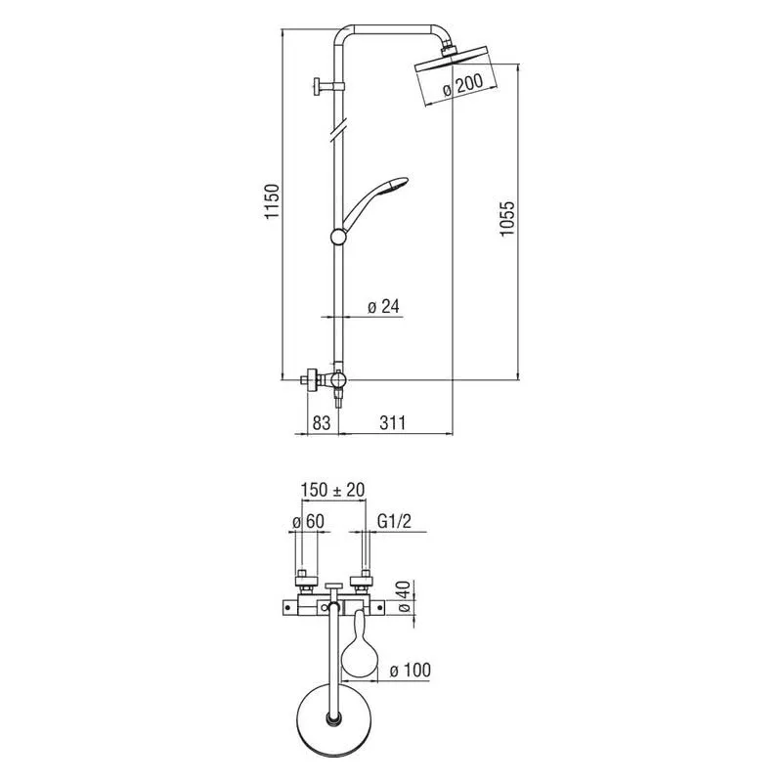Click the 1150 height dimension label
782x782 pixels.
click(x=273, y=201)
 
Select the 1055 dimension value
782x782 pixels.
click(x=506, y=218)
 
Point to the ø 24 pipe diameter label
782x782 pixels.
click(x=383, y=306)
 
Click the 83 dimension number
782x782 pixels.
click(x=322, y=423)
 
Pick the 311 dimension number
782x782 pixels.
click(x=393, y=423)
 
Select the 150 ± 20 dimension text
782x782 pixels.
click(x=332, y=490)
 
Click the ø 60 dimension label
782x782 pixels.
click(x=308, y=522)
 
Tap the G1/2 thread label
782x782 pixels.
click(x=394, y=522)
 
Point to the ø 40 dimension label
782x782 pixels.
click(x=404, y=596)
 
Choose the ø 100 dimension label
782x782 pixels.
click(x=410, y=671)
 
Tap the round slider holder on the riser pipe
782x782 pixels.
click(x=339, y=237)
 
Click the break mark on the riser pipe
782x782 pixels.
click(x=339, y=129)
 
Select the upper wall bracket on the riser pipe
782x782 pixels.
click(x=328, y=87)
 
